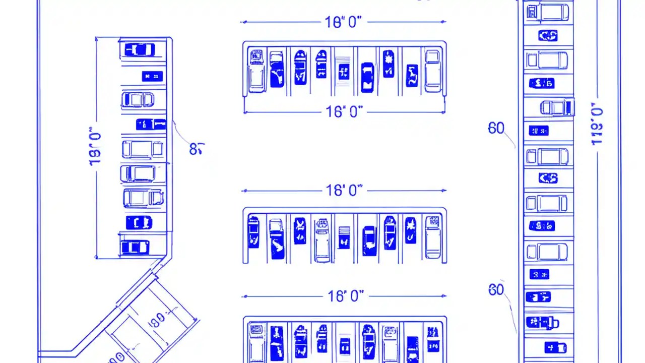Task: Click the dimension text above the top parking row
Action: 343,22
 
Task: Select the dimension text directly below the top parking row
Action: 344,111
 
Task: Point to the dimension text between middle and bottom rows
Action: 346,296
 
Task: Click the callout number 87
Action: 197,149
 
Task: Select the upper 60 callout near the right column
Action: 496,129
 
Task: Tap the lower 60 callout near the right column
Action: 496,290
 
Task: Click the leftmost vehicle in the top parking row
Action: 256,70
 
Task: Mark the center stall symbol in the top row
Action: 344,71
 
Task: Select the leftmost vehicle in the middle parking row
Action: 253,232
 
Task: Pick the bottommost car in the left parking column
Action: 135,247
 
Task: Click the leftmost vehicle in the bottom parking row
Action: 256,340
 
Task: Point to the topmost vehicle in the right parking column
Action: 548,12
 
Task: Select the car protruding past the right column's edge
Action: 557,107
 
